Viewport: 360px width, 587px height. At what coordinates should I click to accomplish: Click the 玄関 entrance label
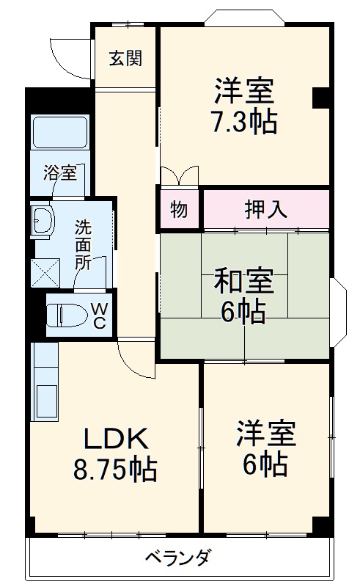point(125,59)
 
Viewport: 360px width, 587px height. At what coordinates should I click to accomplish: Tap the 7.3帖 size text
point(244,121)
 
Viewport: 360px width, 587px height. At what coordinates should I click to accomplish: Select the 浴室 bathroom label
point(59,173)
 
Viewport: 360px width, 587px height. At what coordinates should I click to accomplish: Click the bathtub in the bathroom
point(60,133)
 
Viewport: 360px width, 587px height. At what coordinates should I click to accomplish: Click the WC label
point(99,316)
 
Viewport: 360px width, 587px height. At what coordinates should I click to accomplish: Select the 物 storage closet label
point(178,209)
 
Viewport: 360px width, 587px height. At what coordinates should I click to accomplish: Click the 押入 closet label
point(265,209)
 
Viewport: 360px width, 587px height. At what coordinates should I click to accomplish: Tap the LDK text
point(117,439)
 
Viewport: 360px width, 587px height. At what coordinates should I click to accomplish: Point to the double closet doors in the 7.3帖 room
point(179,176)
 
